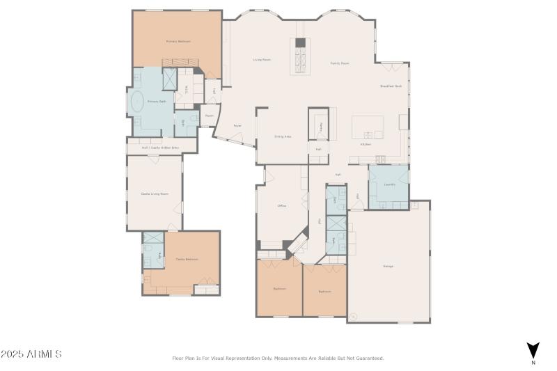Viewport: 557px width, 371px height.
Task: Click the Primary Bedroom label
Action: pyautogui.click(x=178, y=42)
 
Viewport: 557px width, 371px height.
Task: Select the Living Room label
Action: pyautogui.click(x=262, y=60)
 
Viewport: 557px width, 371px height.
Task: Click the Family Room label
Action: pyautogui.click(x=339, y=63)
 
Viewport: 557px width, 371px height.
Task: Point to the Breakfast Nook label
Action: pyautogui.click(x=391, y=86)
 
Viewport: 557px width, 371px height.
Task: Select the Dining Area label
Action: pyautogui.click(x=282, y=136)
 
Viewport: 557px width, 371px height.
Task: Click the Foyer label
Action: pyautogui.click(x=237, y=126)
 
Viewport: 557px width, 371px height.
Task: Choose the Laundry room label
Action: pyautogui.click(x=389, y=184)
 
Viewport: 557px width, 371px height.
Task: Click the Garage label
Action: pyautogui.click(x=388, y=267)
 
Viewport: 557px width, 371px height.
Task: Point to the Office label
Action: pyautogui.click(x=282, y=206)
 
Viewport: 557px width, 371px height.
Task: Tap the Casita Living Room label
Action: pyautogui.click(x=155, y=194)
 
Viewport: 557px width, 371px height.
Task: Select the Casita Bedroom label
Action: pyautogui.click(x=187, y=260)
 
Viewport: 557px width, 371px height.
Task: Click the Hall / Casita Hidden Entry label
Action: pyautogui.click(x=161, y=148)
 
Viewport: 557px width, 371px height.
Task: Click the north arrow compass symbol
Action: pyautogui.click(x=533, y=351)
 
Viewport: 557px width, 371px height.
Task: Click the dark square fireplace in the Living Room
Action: pyautogui.click(x=300, y=42)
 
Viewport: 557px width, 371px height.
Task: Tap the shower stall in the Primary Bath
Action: pyautogui.click(x=171, y=79)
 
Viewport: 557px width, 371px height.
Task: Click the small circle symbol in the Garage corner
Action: pyautogui.click(x=353, y=317)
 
